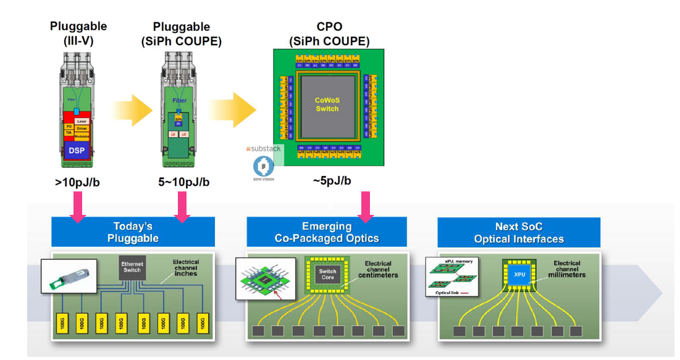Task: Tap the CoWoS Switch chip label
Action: pyautogui.click(x=327, y=104)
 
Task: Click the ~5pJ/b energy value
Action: pyautogui.click(x=331, y=180)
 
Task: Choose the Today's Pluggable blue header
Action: pyautogui.click(x=133, y=232)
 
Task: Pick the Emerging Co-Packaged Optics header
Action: pyautogui.click(x=327, y=232)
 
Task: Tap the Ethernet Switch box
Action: pyautogui.click(x=132, y=267)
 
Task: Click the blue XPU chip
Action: pyautogui.click(x=518, y=274)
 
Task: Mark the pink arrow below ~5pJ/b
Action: pyautogui.click(x=366, y=206)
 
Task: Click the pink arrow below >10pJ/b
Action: pyautogui.click(x=78, y=206)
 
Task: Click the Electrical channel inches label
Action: pyautogui.click(x=185, y=267)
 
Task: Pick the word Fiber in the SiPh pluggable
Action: pyautogui.click(x=179, y=101)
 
